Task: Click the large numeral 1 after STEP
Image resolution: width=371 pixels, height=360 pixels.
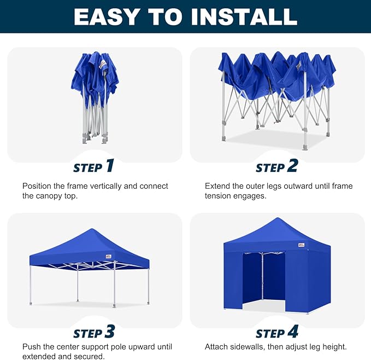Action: [x=109, y=166]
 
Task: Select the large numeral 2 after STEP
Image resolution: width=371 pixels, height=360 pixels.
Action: [x=293, y=166]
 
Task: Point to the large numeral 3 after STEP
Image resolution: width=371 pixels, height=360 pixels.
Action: [x=110, y=332]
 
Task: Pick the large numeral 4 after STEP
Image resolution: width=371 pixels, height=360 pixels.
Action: [x=293, y=332]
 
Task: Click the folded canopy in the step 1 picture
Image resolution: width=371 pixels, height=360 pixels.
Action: [x=95, y=77]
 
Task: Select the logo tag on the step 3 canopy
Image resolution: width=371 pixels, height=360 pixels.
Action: [x=107, y=256]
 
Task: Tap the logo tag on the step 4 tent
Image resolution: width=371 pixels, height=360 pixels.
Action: [x=301, y=245]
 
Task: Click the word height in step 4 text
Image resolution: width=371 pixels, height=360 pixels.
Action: [x=333, y=347]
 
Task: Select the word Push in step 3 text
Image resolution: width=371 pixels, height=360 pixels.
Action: [x=32, y=347]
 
